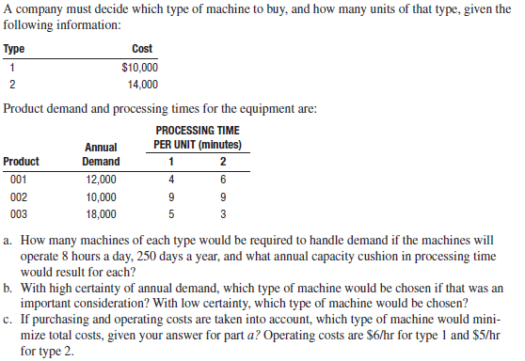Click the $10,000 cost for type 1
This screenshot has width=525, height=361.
(140, 68)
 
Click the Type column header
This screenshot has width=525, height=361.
(14, 49)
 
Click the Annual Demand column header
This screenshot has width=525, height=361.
(101, 154)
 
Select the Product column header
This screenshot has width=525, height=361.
(22, 161)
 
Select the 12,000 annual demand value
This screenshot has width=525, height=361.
(101, 179)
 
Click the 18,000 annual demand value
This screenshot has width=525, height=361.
(101, 214)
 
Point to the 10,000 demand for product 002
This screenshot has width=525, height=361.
(101, 196)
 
